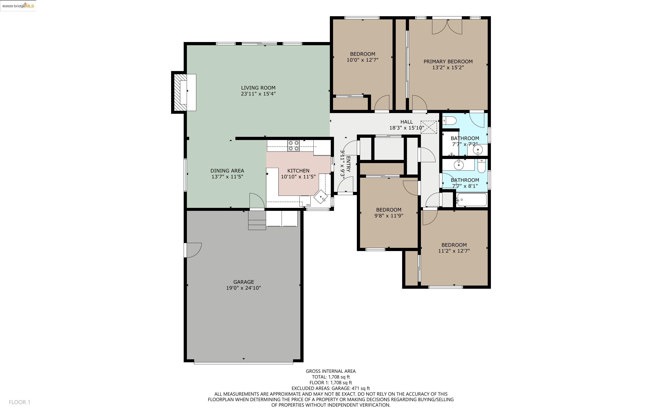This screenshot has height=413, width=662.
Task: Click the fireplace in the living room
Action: (x=184, y=92)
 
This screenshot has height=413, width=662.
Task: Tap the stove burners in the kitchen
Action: (x=293, y=146)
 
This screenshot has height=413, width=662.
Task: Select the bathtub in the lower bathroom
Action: (x=472, y=200)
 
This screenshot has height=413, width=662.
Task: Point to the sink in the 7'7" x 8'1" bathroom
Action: (x=459, y=165)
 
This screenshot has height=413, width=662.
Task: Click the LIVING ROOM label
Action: (x=258, y=88)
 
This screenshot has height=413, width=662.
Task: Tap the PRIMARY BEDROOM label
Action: (x=448, y=61)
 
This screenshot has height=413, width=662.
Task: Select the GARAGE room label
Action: (x=243, y=282)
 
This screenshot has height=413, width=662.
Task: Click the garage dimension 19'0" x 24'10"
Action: (x=243, y=288)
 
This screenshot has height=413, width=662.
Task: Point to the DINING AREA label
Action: (x=227, y=171)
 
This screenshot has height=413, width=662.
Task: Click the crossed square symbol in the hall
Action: (x=428, y=127)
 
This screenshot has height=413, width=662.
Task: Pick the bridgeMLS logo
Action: (x=18, y=5)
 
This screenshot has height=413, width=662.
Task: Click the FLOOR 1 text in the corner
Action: (x=19, y=402)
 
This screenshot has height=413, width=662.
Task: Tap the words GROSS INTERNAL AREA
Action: (x=331, y=371)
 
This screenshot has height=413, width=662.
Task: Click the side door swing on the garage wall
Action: (x=193, y=250)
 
